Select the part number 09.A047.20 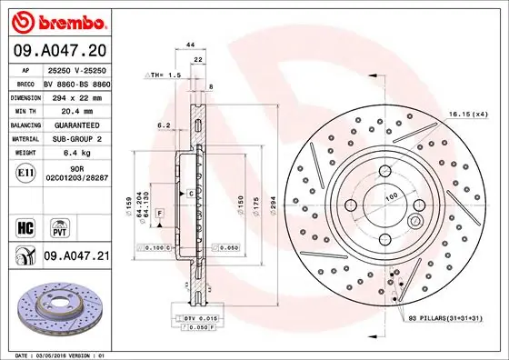pyautogui.click(x=57, y=49)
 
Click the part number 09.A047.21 pyautogui.click(x=75, y=257)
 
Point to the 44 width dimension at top pyautogui.click(x=191, y=45)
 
